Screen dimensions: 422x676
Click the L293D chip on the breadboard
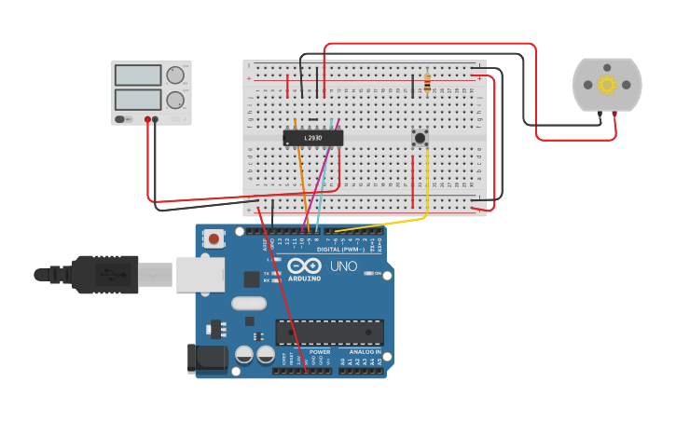pos(313,138)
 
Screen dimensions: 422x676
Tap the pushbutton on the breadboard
pos(420,138)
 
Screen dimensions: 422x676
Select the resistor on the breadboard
pos(427,84)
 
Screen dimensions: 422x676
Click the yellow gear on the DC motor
pos(607,85)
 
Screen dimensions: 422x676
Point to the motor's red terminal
pos(615,114)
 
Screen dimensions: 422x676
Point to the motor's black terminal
pos(600,114)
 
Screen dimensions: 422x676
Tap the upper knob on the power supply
pos(175,75)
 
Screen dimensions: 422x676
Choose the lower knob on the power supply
pos(175,100)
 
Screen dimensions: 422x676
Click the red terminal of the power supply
pos(147,119)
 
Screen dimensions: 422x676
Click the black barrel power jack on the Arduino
pos(207,359)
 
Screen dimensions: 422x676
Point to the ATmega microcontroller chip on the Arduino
pos(329,333)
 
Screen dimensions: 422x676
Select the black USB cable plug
pos(103,274)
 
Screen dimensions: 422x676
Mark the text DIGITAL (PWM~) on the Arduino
pos(340,250)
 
